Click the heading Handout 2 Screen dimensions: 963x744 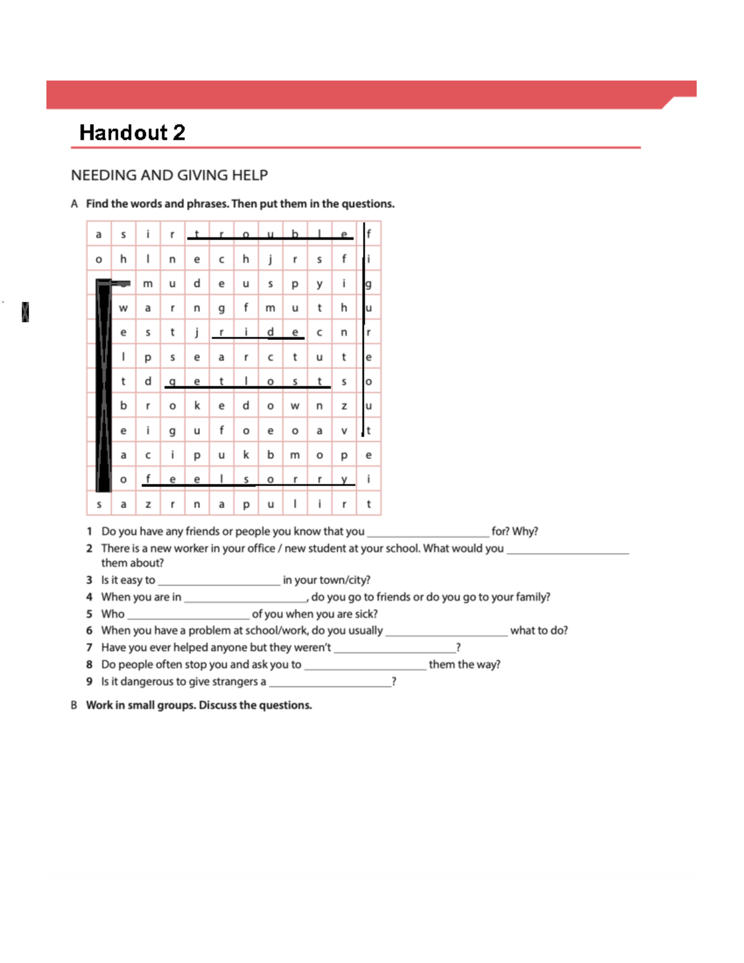[132, 133]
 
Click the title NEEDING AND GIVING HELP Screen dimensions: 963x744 [169, 175]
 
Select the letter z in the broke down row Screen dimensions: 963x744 [344, 406]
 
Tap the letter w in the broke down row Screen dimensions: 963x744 [295, 406]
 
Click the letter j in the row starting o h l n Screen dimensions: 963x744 [270, 259]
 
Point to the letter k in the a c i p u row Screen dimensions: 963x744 [246, 455]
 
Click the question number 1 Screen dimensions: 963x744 [89, 531]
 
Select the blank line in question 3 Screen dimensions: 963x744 [219, 581]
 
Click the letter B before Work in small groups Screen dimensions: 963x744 [74, 706]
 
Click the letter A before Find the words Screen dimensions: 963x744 [74, 204]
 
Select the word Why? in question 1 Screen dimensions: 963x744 [525, 531]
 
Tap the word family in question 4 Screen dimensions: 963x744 [532, 597]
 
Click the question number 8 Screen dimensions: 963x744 [89, 665]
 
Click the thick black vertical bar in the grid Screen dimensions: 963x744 [103, 384]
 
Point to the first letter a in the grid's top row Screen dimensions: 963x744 [99, 234]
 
